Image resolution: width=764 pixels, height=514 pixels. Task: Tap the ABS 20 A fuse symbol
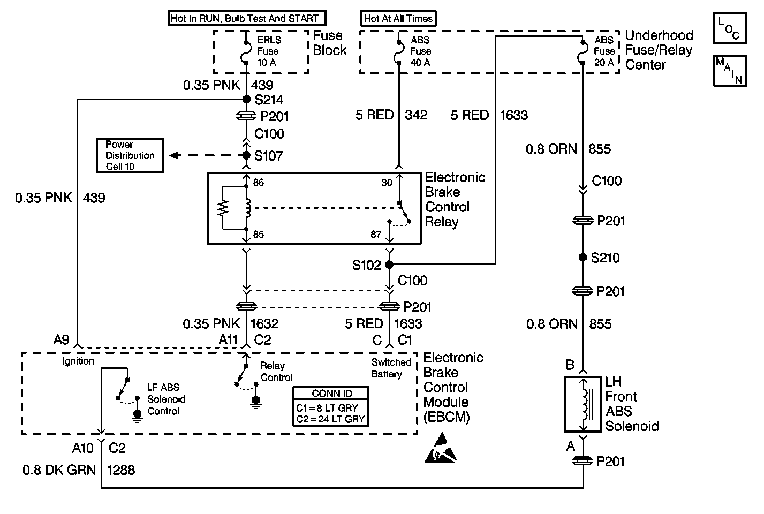pyautogui.click(x=583, y=52)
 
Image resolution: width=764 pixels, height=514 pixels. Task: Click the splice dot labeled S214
pyautogui.click(x=246, y=99)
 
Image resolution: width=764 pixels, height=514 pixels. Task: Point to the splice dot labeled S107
pyautogui.click(x=246, y=155)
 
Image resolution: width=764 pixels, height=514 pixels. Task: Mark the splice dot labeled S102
pyautogui.click(x=389, y=264)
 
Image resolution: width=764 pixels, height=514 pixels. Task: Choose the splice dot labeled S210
pyautogui.click(x=583, y=258)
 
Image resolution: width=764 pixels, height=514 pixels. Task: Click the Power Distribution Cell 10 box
pyautogui.click(x=130, y=156)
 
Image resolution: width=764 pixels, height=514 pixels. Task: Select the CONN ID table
pyautogui.click(x=331, y=407)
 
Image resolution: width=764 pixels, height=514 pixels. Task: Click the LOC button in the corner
pyautogui.click(x=729, y=29)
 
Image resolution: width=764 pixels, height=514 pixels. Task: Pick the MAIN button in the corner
pyautogui.click(x=729, y=70)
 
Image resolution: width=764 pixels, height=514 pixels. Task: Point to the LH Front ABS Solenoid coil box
pyautogui.click(x=583, y=404)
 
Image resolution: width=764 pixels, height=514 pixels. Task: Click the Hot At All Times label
pyautogui.click(x=398, y=19)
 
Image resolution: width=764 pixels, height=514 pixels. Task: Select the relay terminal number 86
pyautogui.click(x=259, y=183)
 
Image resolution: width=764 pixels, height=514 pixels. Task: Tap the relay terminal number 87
pyautogui.click(x=376, y=234)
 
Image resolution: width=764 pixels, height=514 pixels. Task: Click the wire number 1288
pyautogui.click(x=121, y=470)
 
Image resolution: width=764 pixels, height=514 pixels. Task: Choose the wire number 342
pyautogui.click(x=416, y=115)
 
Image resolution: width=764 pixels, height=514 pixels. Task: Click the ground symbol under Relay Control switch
pyautogui.click(x=256, y=401)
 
